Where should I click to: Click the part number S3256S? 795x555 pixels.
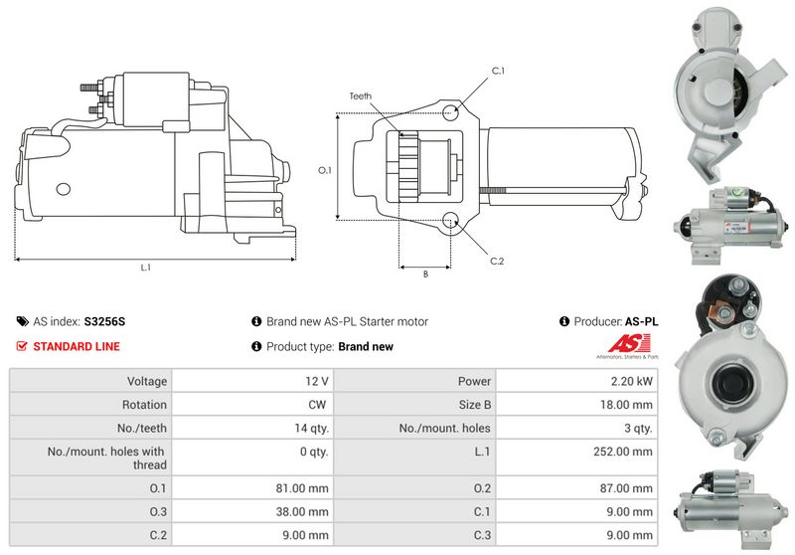click(x=104, y=321)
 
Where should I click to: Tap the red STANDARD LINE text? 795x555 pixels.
click(x=77, y=346)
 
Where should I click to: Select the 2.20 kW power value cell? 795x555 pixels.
click(x=631, y=381)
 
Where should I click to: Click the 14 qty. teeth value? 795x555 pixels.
click(x=311, y=428)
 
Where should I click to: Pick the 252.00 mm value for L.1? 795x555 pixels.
click(x=623, y=452)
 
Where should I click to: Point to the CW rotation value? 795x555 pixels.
click(x=317, y=405)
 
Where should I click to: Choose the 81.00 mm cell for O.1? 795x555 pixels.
click(x=302, y=488)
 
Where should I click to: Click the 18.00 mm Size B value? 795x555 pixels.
click(x=626, y=405)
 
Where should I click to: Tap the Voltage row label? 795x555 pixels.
click(x=147, y=381)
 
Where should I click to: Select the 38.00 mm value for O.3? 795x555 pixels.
click(x=302, y=511)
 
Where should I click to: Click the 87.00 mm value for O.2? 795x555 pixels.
click(x=626, y=488)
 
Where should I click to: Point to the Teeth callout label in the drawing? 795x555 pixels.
click(x=360, y=95)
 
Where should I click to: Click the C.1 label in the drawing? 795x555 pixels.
click(x=498, y=71)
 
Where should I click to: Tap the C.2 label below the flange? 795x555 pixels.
click(x=497, y=262)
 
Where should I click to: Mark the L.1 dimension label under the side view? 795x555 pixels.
click(x=146, y=268)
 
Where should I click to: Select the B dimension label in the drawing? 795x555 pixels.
click(x=426, y=274)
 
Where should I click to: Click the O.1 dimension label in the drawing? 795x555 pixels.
click(x=325, y=170)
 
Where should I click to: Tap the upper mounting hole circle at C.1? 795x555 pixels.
click(x=450, y=112)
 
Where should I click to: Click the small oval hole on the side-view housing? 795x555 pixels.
click(x=63, y=189)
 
